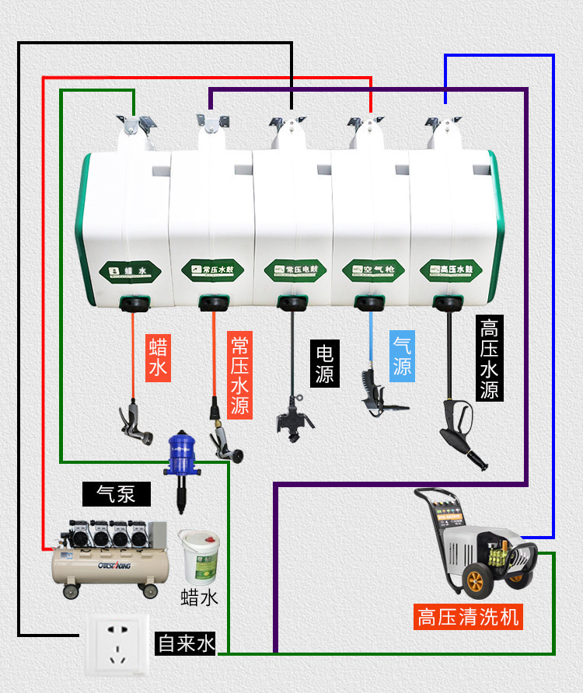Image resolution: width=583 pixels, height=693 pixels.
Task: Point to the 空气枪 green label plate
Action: (x=369, y=270)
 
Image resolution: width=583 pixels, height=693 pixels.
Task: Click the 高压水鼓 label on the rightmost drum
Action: (x=450, y=270)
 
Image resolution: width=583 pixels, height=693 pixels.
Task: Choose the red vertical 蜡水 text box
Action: (x=158, y=357)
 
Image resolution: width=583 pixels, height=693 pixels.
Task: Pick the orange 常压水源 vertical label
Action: (x=239, y=375)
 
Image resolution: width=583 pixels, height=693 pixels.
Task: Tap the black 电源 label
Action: (x=324, y=364)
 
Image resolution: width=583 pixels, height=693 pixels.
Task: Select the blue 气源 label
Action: (x=402, y=355)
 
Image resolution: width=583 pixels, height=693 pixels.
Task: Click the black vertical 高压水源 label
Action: (x=489, y=358)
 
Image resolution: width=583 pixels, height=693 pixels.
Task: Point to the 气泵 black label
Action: (x=117, y=494)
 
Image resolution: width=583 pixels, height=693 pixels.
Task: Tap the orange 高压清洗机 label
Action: (x=467, y=617)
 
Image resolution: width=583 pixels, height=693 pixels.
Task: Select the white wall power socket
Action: (x=116, y=645)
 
